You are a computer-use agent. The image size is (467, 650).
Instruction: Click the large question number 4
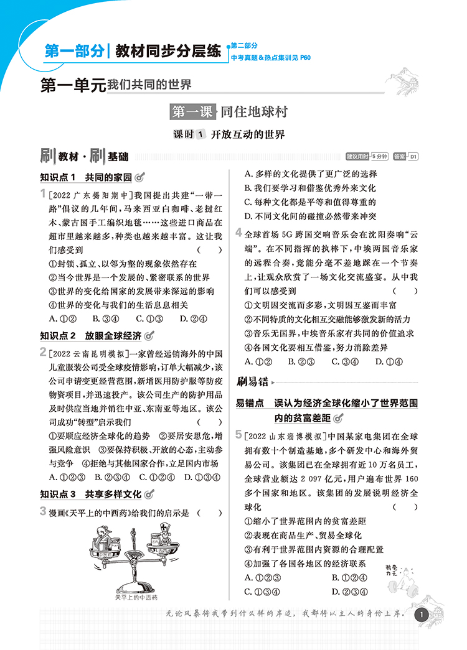(x=240, y=233)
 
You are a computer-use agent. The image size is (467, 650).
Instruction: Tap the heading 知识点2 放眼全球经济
(x=91, y=336)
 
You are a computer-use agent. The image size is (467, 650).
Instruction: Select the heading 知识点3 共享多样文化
(x=91, y=494)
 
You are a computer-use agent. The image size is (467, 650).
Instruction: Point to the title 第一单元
(x=73, y=85)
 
